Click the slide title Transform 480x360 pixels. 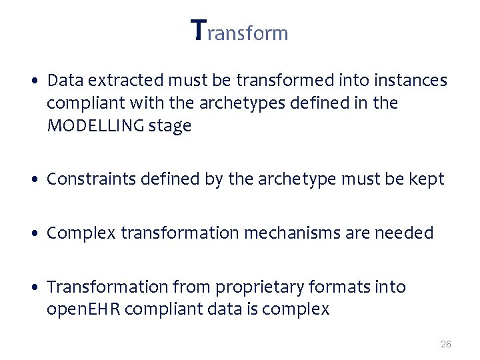[239, 31]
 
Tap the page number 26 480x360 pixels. [446, 344]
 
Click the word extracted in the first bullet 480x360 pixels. [118, 81]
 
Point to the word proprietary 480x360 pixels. [258, 287]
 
